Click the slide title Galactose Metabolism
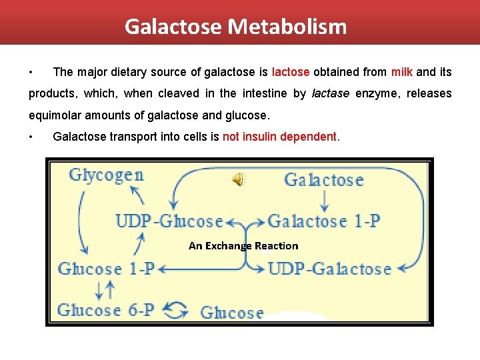pyautogui.click(x=235, y=27)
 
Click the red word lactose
pyautogui.click(x=291, y=71)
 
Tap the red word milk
pyautogui.click(x=402, y=71)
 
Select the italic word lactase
pyautogui.click(x=331, y=93)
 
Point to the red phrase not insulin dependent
pyautogui.click(x=281, y=137)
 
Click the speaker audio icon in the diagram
pyautogui.click(x=238, y=179)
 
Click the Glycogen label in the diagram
pyautogui.click(x=106, y=175)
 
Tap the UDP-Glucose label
pyautogui.click(x=169, y=221)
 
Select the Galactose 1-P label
pyautogui.click(x=324, y=221)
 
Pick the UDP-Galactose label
pyautogui.click(x=329, y=269)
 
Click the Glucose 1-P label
pyautogui.click(x=106, y=269)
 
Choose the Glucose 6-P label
pyautogui.click(x=106, y=310)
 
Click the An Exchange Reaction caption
pyautogui.click(x=243, y=246)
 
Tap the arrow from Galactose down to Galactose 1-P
pyautogui.click(x=325, y=200)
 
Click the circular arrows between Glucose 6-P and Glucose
pyautogui.click(x=176, y=311)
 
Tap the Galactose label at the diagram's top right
pyautogui.click(x=324, y=179)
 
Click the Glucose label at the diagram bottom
pyautogui.click(x=232, y=312)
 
